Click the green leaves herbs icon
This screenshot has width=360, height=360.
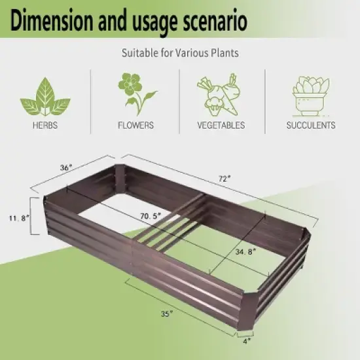point(45,96)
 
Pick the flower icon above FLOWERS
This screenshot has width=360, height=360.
point(135,93)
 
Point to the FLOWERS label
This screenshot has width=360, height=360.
point(135,124)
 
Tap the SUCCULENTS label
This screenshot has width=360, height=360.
point(311,124)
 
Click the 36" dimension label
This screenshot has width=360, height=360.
point(66,168)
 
